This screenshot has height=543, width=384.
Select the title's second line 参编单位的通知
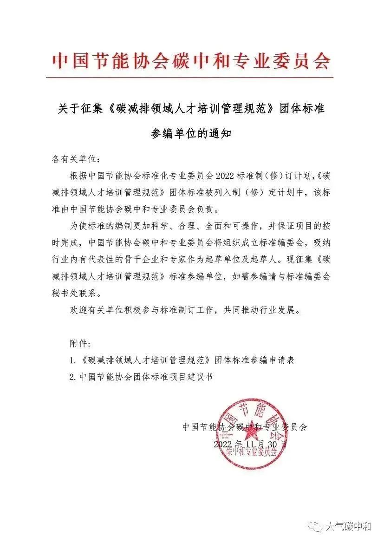point(191,134)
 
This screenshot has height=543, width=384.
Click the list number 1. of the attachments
point(72,360)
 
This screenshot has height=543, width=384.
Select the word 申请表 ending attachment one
point(282,360)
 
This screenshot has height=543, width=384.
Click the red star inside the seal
point(252,430)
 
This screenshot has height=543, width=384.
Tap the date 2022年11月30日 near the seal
point(250,444)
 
